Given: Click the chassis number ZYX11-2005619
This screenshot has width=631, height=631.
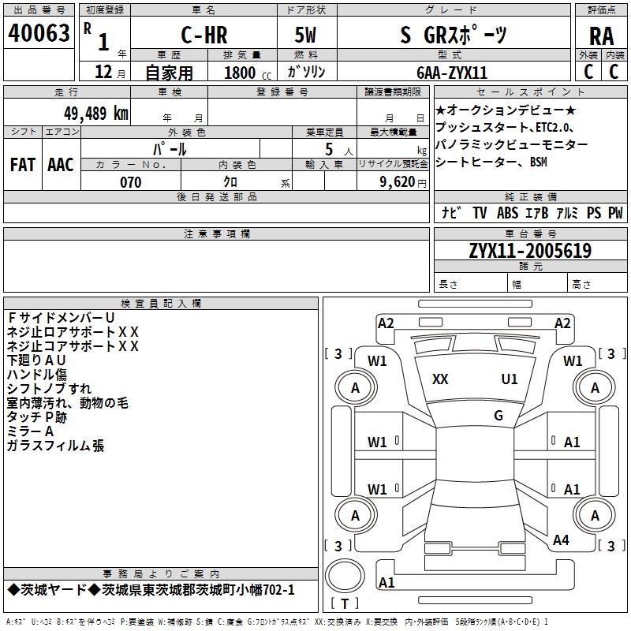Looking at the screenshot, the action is tap(530, 251).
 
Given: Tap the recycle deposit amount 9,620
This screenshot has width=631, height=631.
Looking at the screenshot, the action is tap(394, 182).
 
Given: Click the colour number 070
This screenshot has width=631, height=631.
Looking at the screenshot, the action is tap(131, 182).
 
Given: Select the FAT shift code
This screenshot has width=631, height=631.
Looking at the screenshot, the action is tap(22, 164).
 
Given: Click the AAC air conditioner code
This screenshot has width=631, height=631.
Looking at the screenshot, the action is tap(61, 164).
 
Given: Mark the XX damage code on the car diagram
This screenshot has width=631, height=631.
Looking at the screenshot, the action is tap(440, 379).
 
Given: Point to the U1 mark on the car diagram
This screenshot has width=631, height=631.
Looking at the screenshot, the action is tap(510, 379).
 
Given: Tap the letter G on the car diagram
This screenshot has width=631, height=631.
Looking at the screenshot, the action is tap(498, 416).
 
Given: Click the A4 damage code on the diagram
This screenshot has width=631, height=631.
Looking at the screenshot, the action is tap(561, 540).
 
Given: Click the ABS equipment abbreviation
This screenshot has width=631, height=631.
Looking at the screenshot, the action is tap(506, 213).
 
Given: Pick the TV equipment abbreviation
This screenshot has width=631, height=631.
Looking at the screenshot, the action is tap(480, 213).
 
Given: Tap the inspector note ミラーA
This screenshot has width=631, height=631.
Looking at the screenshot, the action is tap(30, 431).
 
